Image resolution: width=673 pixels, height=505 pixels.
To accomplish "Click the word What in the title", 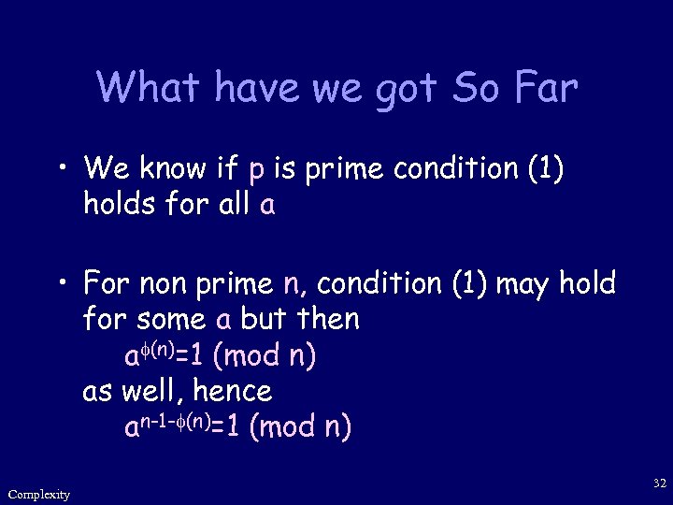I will [x=149, y=88].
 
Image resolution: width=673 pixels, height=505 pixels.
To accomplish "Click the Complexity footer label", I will [x=38, y=494].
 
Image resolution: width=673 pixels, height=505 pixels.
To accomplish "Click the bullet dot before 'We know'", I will [x=63, y=171].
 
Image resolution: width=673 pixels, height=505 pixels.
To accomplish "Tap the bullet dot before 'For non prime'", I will [x=63, y=283].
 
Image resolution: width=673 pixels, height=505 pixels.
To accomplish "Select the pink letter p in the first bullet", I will [x=256, y=170].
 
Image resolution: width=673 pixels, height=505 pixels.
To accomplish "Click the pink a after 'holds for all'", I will [x=267, y=205].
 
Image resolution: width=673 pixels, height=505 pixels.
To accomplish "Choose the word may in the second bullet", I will [x=523, y=282].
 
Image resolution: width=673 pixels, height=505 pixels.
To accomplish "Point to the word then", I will [x=326, y=319].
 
